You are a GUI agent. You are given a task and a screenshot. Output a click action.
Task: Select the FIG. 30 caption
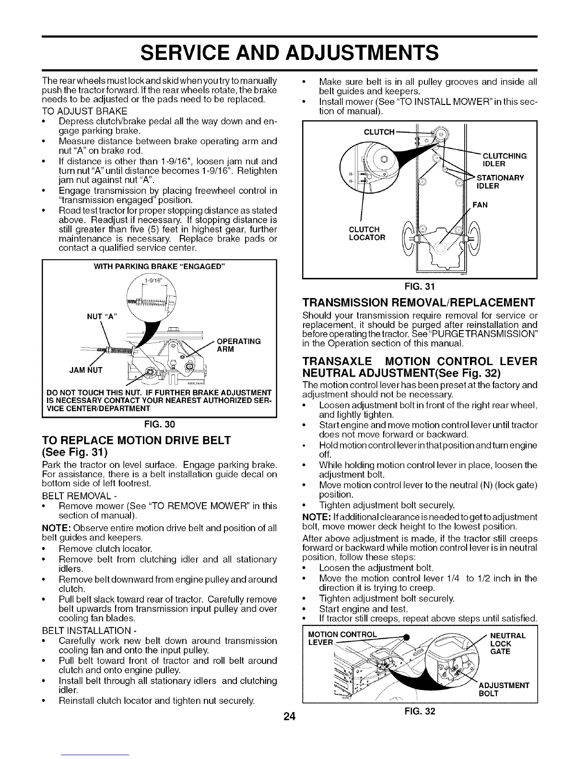pyautogui.click(x=159, y=424)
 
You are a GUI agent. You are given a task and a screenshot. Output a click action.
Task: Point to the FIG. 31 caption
pyautogui.click(x=420, y=287)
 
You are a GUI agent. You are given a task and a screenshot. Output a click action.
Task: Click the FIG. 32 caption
pyautogui.click(x=420, y=711)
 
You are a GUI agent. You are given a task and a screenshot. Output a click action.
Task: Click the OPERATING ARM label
pyautogui.click(x=238, y=345)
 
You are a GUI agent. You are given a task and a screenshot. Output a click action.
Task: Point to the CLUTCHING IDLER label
pyautogui.click(x=504, y=160)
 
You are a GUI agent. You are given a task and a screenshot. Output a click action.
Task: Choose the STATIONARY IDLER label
pyautogui.click(x=499, y=182)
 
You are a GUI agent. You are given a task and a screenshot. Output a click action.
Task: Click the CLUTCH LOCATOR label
pyautogui.click(x=367, y=233)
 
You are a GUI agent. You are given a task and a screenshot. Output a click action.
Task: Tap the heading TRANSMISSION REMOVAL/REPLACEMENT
pyautogui.click(x=419, y=303)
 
